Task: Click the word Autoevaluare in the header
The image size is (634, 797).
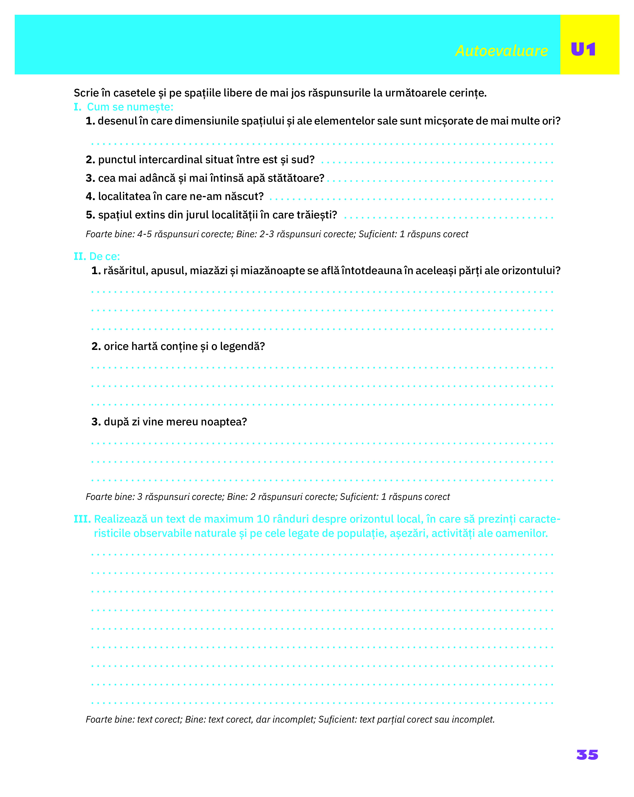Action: [501, 51]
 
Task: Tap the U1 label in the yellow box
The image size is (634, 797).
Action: [583, 49]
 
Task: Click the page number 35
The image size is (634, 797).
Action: [587, 755]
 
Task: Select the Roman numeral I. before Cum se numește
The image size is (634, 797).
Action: [78, 107]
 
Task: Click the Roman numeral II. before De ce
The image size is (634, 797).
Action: [80, 256]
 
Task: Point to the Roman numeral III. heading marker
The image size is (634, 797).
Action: [82, 519]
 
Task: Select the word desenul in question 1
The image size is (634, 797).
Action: [117, 121]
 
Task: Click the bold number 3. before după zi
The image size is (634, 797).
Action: [96, 422]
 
